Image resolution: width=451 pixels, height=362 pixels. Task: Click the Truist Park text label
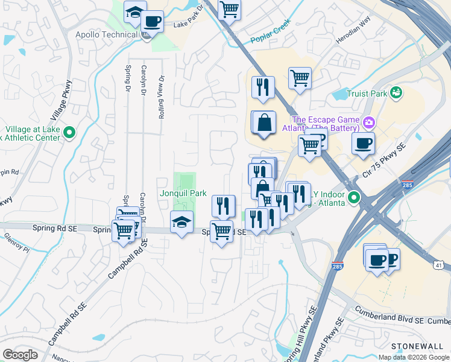(x=367, y=94)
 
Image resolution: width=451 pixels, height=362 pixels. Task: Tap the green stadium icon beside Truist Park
(x=396, y=92)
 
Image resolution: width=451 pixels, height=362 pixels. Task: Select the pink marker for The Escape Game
(x=368, y=124)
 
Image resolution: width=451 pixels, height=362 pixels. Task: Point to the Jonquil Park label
(x=183, y=194)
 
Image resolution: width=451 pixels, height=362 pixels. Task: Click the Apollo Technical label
(x=106, y=34)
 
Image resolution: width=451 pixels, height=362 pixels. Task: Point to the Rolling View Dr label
(x=162, y=97)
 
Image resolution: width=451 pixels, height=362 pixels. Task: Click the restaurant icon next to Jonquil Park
(x=224, y=206)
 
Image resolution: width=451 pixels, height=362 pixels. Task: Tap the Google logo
(x=20, y=355)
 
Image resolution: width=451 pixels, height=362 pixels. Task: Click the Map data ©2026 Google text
(x=413, y=357)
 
